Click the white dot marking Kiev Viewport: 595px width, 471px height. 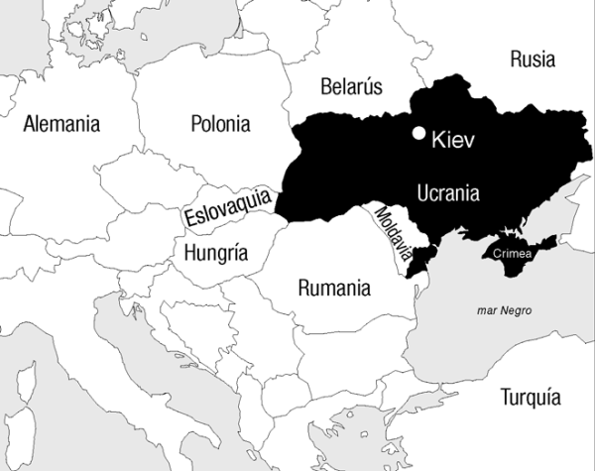[420, 133]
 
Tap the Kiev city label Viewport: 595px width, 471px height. [454, 141]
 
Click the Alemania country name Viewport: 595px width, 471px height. [61, 124]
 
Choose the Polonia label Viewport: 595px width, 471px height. [219, 124]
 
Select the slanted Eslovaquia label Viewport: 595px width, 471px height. [227, 204]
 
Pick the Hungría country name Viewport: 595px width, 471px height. [215, 252]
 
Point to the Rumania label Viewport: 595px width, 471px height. [334, 289]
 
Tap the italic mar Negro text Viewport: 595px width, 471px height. [504, 310]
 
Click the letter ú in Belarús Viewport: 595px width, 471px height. [367, 85]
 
